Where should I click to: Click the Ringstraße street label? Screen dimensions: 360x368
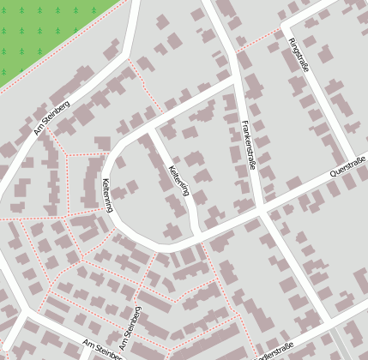point(298,56)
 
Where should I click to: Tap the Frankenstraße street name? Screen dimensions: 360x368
point(249,145)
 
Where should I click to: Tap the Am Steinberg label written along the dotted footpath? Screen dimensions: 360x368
point(130,332)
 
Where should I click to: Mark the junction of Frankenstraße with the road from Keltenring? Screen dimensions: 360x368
point(238,80)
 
